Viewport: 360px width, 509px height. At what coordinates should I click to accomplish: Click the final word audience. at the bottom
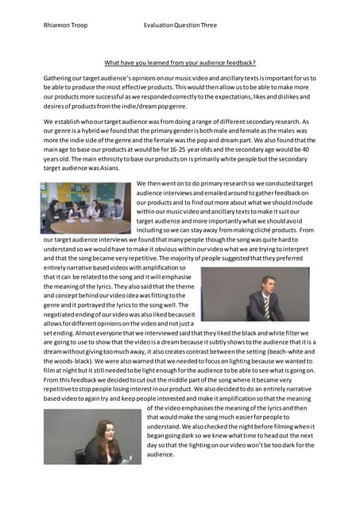point(161,455)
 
